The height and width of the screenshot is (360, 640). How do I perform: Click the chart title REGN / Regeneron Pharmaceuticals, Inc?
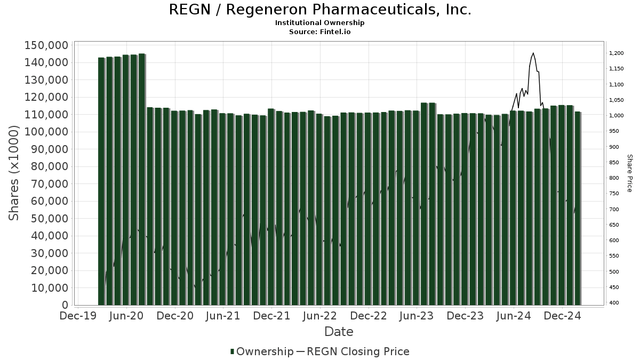pos(320,10)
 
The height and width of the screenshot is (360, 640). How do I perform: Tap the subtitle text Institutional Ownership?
pos(320,23)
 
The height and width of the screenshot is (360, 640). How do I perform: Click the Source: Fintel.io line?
pos(320,31)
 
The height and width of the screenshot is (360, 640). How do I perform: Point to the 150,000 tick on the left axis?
pos(46,45)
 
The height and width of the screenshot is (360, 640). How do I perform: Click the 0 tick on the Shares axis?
pos(65,305)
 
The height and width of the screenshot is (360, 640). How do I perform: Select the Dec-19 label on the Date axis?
pos(78,316)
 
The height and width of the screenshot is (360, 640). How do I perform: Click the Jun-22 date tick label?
pos(320,316)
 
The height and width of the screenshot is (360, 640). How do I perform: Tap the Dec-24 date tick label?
pos(562,316)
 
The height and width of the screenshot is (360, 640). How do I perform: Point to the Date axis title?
pos(339,332)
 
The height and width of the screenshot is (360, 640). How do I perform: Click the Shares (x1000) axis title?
pos(15,172)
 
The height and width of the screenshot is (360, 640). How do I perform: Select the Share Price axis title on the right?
pos(629,173)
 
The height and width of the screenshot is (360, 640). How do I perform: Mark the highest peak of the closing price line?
pos(533,53)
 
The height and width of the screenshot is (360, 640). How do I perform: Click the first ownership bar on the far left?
pos(101,181)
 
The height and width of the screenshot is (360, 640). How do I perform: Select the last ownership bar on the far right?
pos(578,208)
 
